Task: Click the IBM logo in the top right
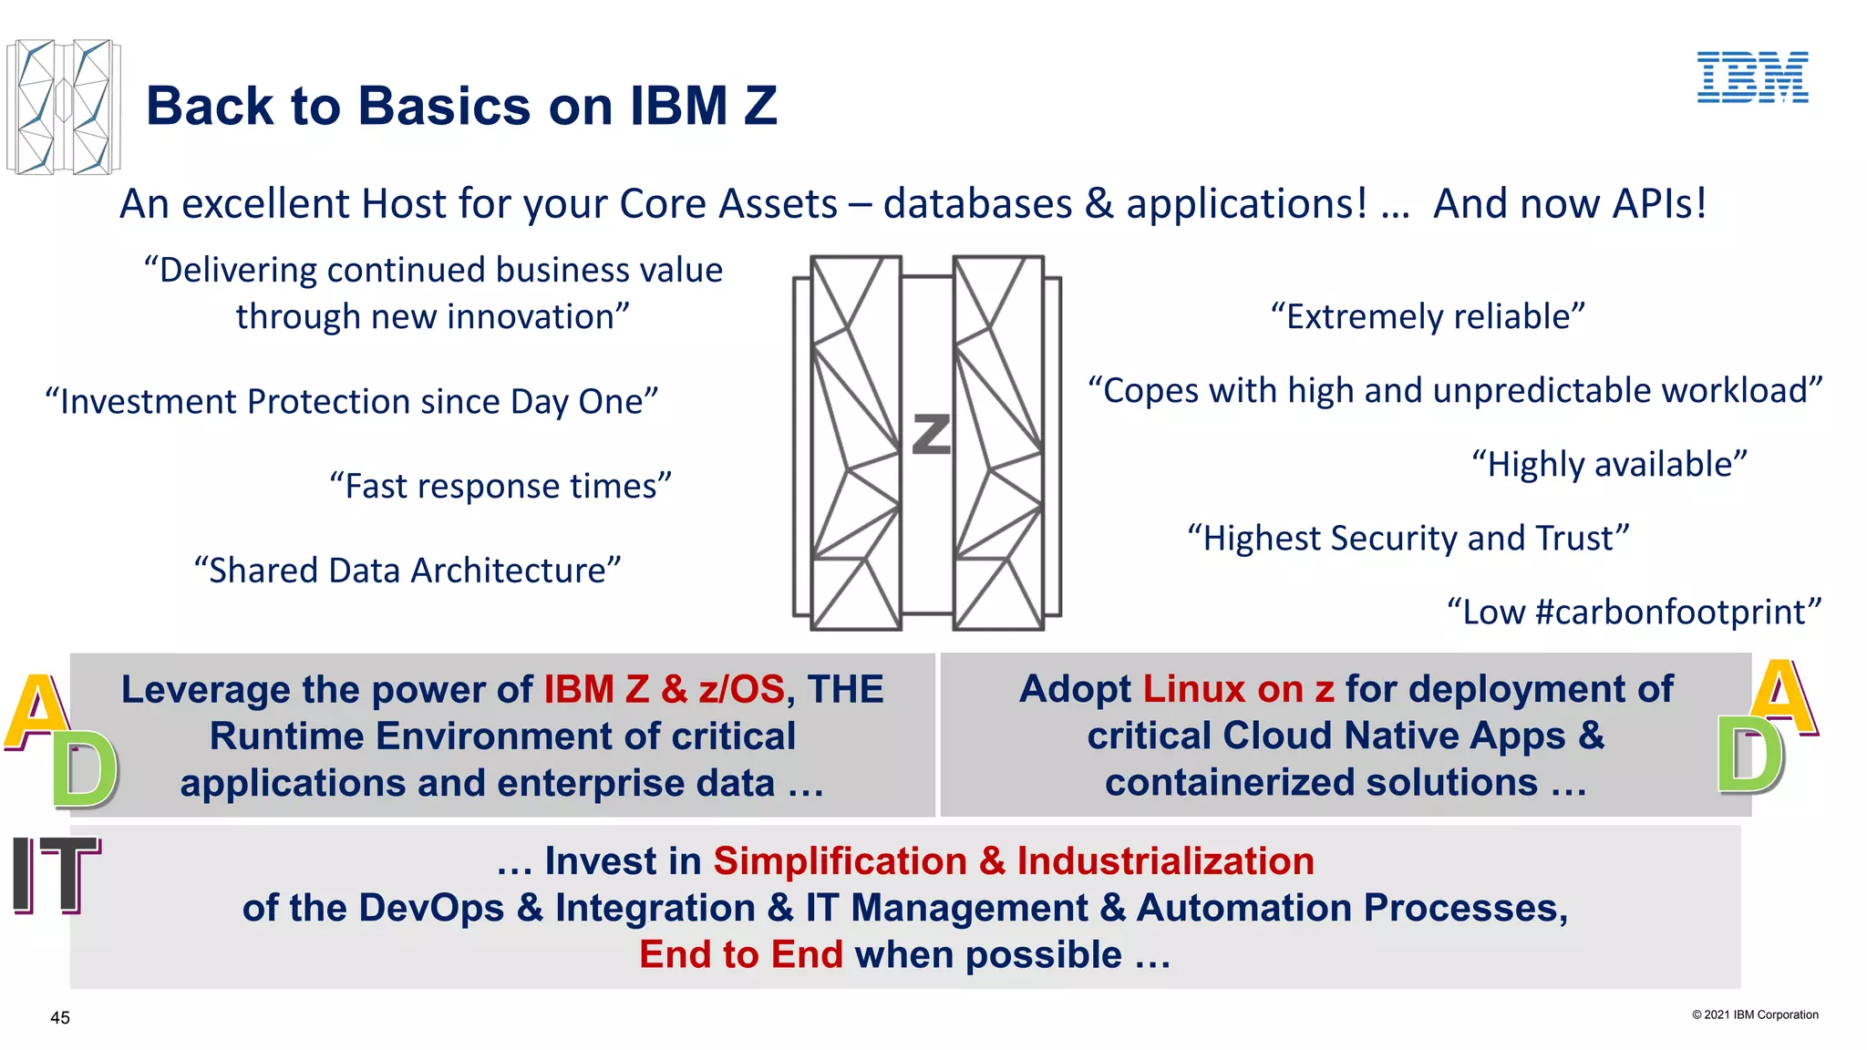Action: pos(1752,77)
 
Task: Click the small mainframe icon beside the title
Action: pos(63,107)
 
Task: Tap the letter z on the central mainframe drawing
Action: pos(931,434)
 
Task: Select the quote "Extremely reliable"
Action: pos(1428,316)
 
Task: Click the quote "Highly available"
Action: pos(1609,464)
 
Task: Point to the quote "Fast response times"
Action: pos(500,486)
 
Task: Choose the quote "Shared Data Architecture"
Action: pos(407,571)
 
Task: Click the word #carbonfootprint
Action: pos(1670,612)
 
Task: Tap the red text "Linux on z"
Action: pos(1238,689)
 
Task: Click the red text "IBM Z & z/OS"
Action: pos(664,689)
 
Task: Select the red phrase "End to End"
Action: pos(740,954)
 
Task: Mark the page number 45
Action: pos(60,1018)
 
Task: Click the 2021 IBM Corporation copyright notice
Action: pos(1755,1014)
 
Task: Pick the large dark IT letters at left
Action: pos(55,875)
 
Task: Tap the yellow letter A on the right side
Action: pos(1782,697)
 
